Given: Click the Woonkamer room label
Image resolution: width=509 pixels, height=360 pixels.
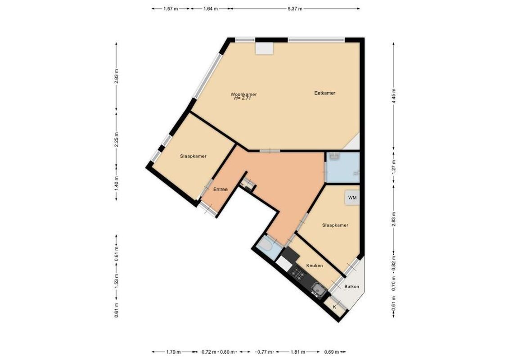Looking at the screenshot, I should pyautogui.click(x=243, y=94).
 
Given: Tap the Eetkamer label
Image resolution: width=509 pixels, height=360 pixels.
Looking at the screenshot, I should pyautogui.click(x=324, y=93).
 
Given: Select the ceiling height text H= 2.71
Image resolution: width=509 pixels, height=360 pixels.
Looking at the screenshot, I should pyautogui.click(x=243, y=98).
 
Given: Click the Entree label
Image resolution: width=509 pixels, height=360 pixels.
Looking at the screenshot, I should pyautogui.click(x=220, y=189).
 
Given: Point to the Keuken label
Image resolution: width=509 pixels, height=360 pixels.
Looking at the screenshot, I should pyautogui.click(x=314, y=265).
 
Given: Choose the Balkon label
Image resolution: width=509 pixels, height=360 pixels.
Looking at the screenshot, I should pyautogui.click(x=351, y=286).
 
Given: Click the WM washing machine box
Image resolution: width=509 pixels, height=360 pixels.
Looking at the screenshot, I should pyautogui.click(x=352, y=198).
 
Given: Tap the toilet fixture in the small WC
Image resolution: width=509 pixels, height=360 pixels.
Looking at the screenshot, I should pyautogui.click(x=265, y=246).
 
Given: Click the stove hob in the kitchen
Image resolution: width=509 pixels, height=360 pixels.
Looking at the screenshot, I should pyautogui.click(x=297, y=273).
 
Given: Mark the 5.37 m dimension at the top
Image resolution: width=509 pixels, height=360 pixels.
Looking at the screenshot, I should pyautogui.click(x=294, y=9).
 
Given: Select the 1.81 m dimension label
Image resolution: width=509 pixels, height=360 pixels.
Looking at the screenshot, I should pyautogui.click(x=298, y=352).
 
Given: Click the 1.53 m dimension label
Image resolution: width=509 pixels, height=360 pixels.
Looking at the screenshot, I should pyautogui.click(x=116, y=281).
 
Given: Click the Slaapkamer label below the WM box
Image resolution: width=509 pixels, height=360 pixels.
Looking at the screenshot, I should pyautogui.click(x=335, y=225).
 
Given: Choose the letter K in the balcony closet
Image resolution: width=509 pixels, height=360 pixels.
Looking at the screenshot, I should pyautogui.click(x=334, y=307).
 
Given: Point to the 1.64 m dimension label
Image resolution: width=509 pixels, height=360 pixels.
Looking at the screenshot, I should pyautogui.click(x=211, y=9).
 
